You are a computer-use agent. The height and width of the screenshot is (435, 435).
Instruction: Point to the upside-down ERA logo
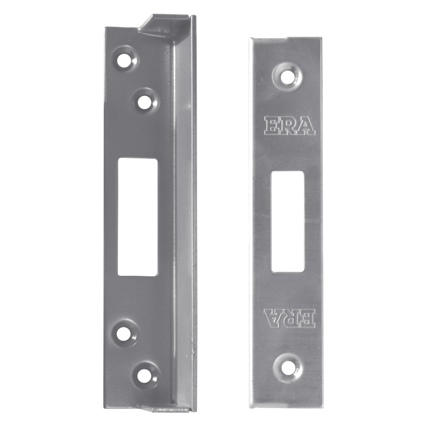(289, 317)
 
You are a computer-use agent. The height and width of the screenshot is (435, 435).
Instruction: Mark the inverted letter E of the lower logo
(306, 317)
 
